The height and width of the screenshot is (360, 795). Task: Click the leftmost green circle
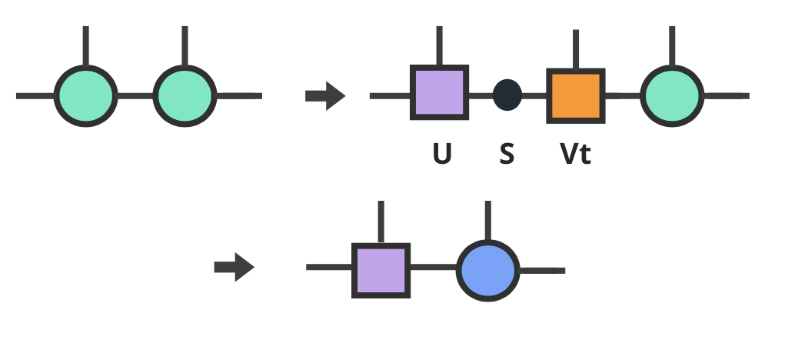[x=85, y=96]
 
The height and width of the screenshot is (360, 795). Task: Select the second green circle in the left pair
[x=184, y=96]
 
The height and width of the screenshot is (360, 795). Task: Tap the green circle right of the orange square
[x=672, y=96]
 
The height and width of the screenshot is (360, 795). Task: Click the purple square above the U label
[x=439, y=93]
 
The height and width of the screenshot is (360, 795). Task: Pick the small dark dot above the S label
[x=507, y=95]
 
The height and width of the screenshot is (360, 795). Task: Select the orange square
[x=576, y=95]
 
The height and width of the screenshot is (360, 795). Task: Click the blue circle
[x=488, y=270]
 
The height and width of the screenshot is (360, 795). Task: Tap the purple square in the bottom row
[x=381, y=270]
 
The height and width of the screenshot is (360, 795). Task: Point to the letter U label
[x=441, y=155]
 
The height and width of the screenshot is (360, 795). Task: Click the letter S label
[x=507, y=155]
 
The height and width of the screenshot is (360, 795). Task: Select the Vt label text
[x=575, y=155]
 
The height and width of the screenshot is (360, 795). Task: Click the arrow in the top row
[x=325, y=97]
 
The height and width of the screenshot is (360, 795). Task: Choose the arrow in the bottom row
[x=234, y=268]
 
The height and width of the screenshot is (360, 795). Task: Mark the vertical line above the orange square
[x=576, y=49]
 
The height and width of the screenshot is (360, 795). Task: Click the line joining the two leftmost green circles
[x=135, y=96]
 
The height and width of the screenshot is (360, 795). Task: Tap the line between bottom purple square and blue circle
[x=434, y=268]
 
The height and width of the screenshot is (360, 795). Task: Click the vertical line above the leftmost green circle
[x=85, y=46]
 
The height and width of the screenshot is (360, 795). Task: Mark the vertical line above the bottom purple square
[x=381, y=222]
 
